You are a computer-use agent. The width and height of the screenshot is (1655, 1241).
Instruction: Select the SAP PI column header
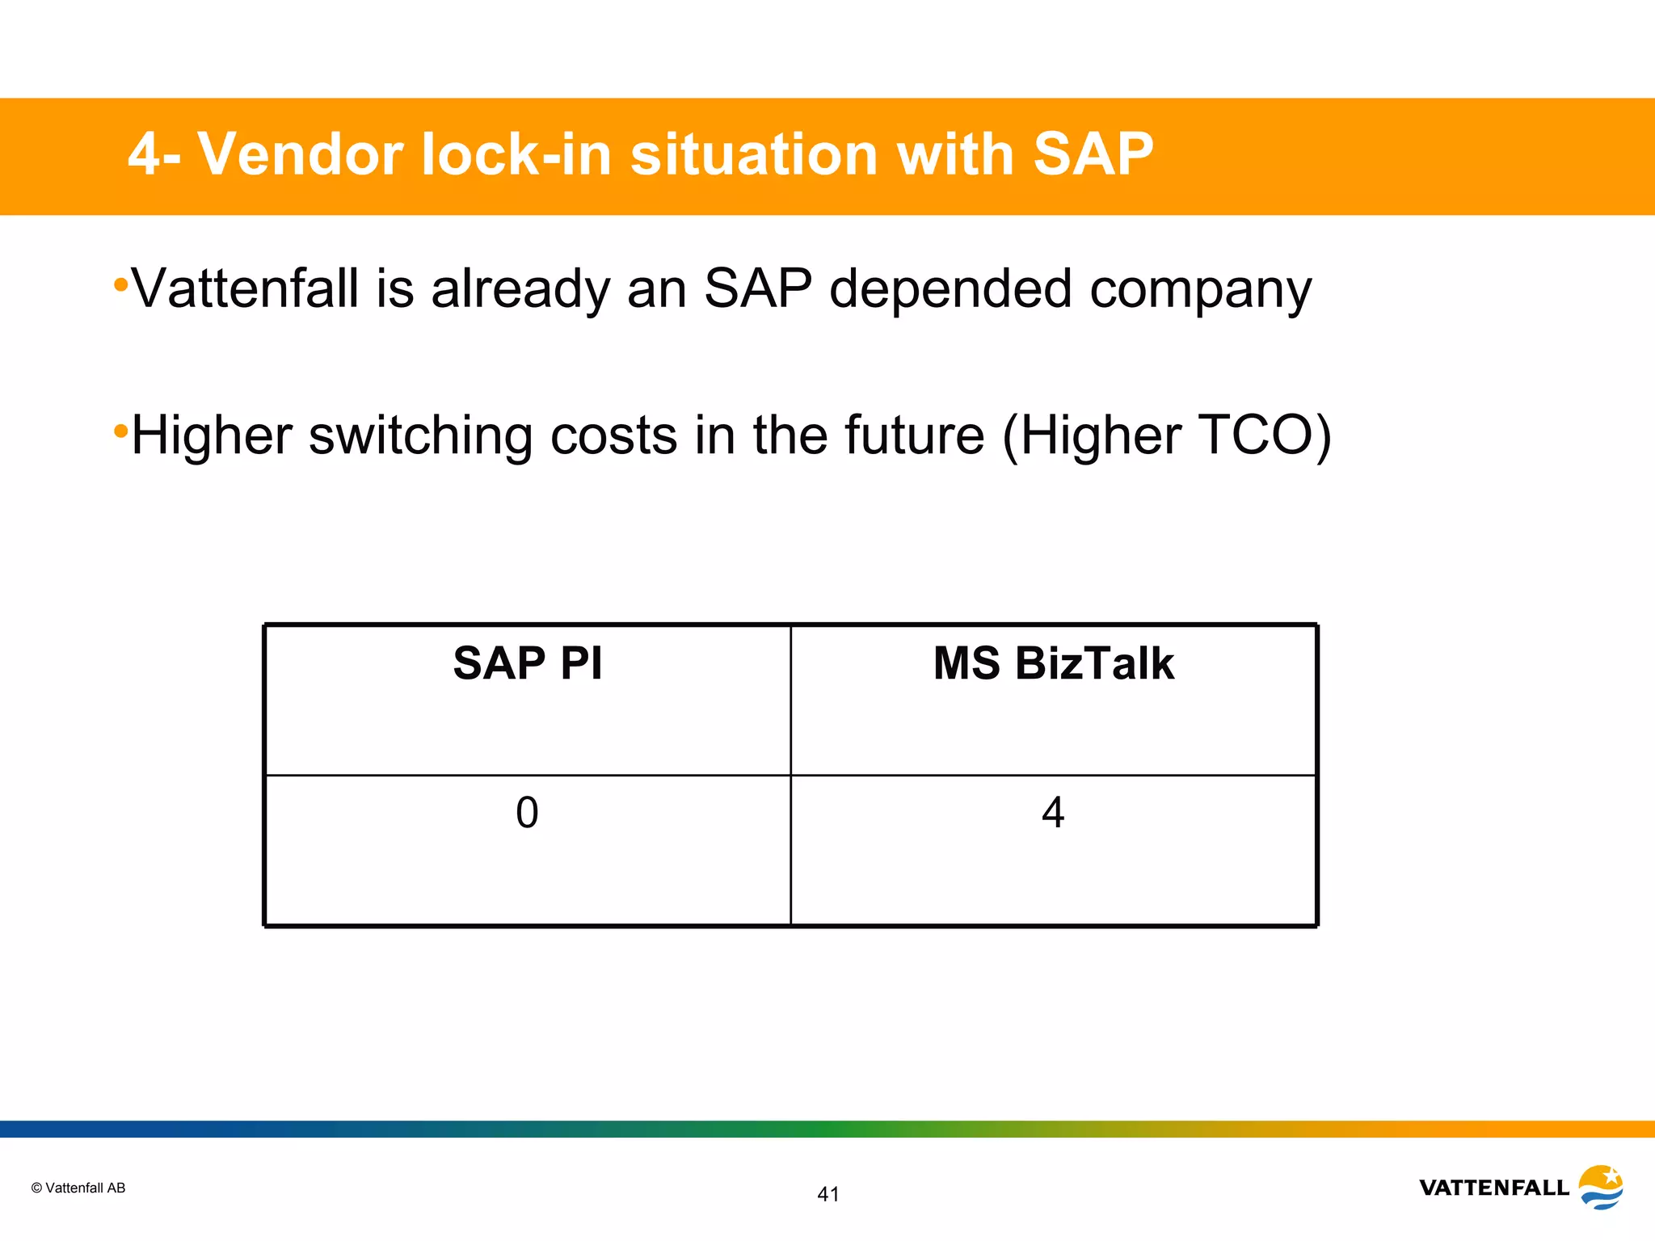pyautogui.click(x=527, y=663)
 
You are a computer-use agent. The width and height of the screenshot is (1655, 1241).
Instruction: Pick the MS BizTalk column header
pyautogui.click(x=1053, y=663)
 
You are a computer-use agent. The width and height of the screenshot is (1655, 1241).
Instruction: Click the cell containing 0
pyautogui.click(x=527, y=813)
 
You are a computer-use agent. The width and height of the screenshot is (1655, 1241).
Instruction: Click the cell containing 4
pyautogui.click(x=1053, y=813)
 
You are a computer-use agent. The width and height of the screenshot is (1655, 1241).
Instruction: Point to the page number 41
pyautogui.click(x=828, y=1194)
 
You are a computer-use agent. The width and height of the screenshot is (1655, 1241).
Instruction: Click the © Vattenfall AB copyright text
pyautogui.click(x=78, y=1188)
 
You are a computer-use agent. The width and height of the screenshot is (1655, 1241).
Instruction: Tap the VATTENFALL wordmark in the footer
pyautogui.click(x=1493, y=1188)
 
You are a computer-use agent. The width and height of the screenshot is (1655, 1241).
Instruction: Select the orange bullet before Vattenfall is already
pyautogui.click(x=120, y=284)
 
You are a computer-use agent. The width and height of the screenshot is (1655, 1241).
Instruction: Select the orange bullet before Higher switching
pyautogui.click(x=120, y=431)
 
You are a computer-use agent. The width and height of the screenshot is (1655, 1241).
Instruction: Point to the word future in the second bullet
pyautogui.click(x=914, y=435)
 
